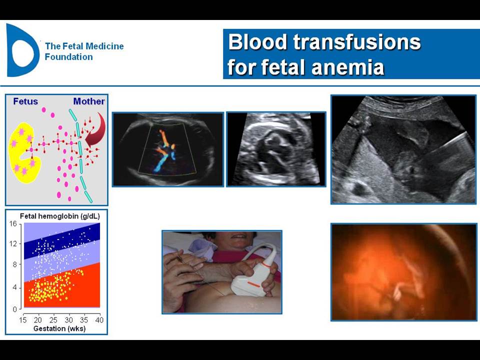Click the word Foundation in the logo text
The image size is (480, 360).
tap(69, 57)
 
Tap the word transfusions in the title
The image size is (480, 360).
tap(357, 42)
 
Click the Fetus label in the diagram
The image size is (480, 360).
tap(25, 101)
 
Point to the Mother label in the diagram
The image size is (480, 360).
tap(89, 101)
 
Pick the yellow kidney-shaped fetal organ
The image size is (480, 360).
tap(24, 153)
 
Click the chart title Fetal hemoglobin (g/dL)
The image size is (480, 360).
tap(59, 216)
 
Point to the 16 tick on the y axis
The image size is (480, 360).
tap(13, 224)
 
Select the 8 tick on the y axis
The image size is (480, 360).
tap(14, 264)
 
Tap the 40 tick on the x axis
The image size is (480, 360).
tap(99, 320)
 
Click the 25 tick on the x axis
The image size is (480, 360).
tap(53, 320)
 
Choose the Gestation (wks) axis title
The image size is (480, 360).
tap(59, 329)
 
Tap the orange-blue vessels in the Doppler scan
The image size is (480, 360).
tap(164, 150)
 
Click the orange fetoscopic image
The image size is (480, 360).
tap(404, 272)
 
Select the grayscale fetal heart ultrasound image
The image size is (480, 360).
tap(276, 149)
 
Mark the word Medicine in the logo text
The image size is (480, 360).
tap(104, 46)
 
